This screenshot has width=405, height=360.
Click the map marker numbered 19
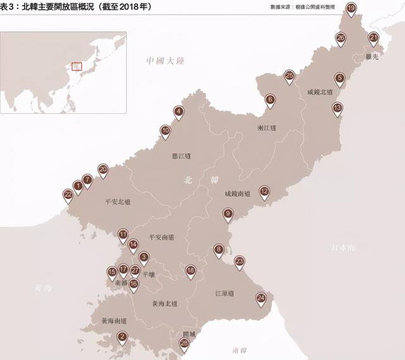[351, 8]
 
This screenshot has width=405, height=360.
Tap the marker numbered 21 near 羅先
[373, 38]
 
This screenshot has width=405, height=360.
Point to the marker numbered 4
[179, 112]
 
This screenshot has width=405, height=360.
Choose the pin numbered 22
[68, 194]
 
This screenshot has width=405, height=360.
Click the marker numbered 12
[264, 190]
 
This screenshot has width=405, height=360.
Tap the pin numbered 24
[261, 297]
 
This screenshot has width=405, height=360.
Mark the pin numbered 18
[190, 271]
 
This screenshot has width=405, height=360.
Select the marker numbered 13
[337, 108]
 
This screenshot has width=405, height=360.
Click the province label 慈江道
[181, 156]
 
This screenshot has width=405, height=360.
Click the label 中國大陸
[165, 61]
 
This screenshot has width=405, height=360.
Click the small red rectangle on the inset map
[77, 66]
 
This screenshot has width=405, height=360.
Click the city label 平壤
[148, 275]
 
